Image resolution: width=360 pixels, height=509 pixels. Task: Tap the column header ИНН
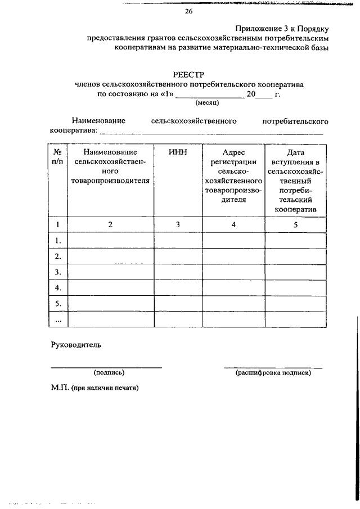[x=178, y=152]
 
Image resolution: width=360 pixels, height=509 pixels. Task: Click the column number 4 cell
[x=233, y=224]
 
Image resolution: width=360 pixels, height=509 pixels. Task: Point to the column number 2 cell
[x=110, y=224]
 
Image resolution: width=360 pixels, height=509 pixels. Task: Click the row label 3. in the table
[x=57, y=272]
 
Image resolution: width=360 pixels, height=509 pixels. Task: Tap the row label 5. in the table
[x=57, y=304]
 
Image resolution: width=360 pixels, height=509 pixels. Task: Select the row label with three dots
[x=57, y=319]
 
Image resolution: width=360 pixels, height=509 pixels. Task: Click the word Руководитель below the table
[x=76, y=345]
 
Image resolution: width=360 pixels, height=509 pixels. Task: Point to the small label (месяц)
[x=208, y=103]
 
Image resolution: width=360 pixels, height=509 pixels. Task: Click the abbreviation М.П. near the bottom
[x=60, y=388]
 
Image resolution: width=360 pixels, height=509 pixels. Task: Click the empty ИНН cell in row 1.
[x=178, y=240]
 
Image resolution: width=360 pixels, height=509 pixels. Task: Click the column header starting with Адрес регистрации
[x=233, y=175]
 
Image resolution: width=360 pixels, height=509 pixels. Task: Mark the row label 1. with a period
[x=57, y=241]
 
